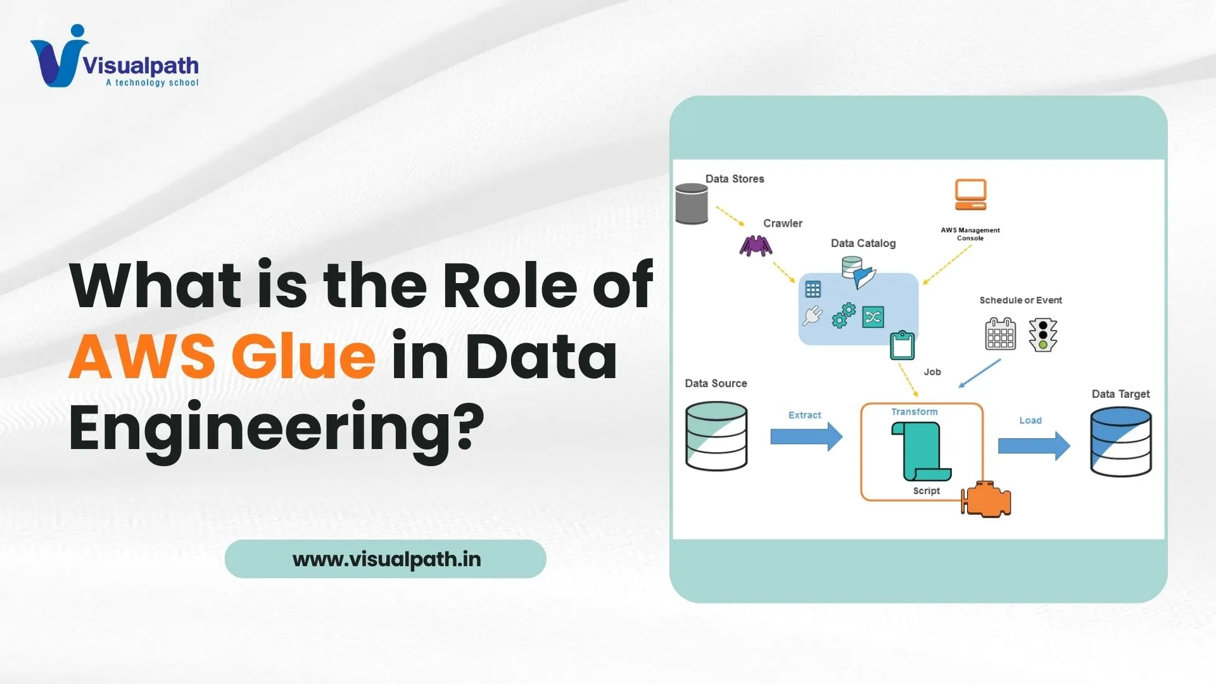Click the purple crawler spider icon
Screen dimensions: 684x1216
[756, 246]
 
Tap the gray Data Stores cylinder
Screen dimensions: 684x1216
[692, 204]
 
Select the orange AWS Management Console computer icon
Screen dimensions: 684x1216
[970, 194]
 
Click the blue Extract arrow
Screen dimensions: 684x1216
[806, 436]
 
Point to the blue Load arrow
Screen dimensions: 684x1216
[1034, 446]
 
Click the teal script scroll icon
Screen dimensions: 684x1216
[920, 452]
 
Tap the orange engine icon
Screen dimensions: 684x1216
[986, 499]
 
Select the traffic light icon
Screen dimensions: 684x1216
[1043, 334]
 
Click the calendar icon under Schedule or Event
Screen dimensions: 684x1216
[1000, 334]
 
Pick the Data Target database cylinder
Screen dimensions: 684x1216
[1120, 441]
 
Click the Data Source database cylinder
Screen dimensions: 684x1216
[716, 436]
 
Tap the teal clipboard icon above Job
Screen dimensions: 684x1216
[902, 345]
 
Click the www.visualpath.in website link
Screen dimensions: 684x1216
[386, 559]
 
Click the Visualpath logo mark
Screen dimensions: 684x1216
[59, 57]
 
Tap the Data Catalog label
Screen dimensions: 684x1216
[863, 243]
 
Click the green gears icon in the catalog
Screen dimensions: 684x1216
[844, 315]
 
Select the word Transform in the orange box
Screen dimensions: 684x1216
[914, 412]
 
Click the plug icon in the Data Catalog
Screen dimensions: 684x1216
[813, 315]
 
